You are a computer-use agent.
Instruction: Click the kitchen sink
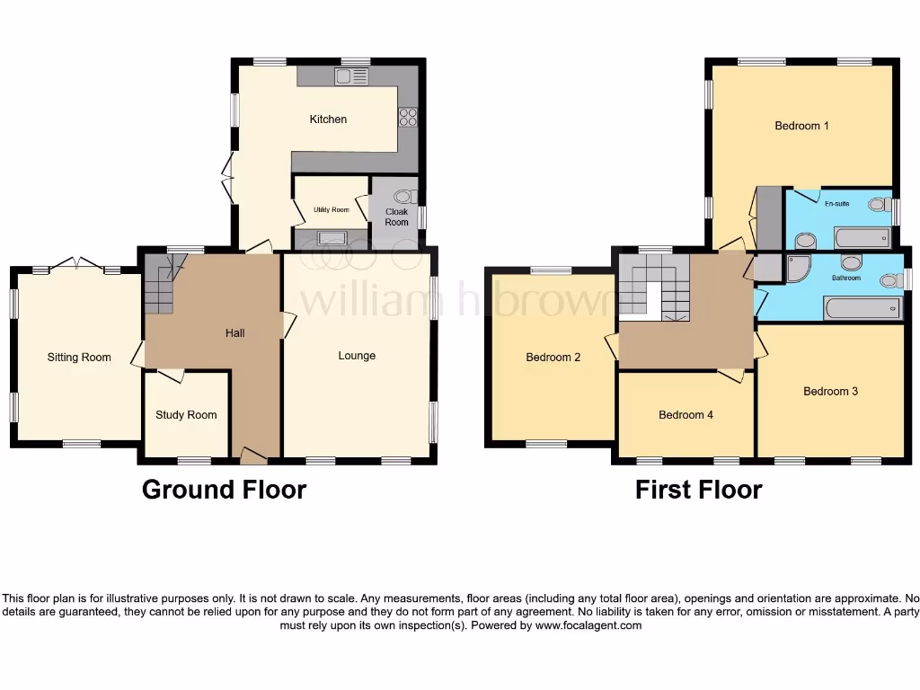(x=352, y=77)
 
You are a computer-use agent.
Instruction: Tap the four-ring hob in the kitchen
(x=408, y=118)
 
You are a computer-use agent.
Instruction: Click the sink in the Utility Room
(x=330, y=238)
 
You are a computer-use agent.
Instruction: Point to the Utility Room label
(x=331, y=209)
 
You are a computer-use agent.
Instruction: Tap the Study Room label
(x=186, y=415)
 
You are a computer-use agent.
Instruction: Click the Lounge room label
(x=357, y=356)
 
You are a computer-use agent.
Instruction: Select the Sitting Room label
(x=79, y=358)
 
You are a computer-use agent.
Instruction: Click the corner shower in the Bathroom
(x=797, y=268)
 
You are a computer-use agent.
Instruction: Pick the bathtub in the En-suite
(x=862, y=238)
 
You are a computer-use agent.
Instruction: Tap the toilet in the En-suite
(x=878, y=205)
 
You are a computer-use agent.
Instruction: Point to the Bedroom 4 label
(x=686, y=415)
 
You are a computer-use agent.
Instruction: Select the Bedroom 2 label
(x=553, y=358)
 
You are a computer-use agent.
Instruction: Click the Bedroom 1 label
(x=801, y=126)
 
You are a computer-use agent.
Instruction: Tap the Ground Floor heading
(x=224, y=490)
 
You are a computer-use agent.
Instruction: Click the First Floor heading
(x=698, y=490)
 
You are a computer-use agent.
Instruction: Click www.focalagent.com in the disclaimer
(x=588, y=625)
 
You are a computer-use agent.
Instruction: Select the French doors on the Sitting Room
(x=76, y=264)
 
